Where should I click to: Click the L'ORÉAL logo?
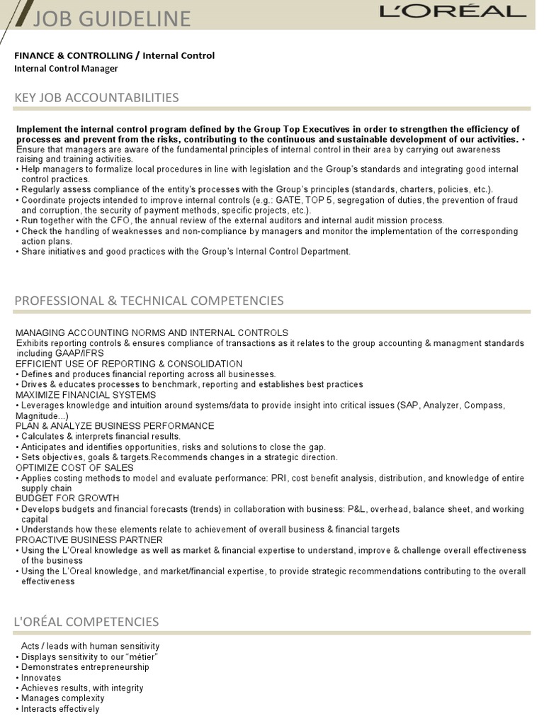point(453,12)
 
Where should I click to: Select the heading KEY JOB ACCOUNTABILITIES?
point(96,97)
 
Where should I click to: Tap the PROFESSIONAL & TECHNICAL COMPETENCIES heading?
point(149,301)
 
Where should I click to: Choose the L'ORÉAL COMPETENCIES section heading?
point(86,622)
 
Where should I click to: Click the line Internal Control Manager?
point(66,69)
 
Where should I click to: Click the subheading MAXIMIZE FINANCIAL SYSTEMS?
point(85,394)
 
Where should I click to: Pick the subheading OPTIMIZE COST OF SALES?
point(74,468)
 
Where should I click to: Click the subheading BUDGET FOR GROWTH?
point(67,498)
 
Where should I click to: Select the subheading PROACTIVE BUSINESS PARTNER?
point(88,540)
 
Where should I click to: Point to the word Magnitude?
point(38,415)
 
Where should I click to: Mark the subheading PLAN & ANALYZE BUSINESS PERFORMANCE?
point(114,425)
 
